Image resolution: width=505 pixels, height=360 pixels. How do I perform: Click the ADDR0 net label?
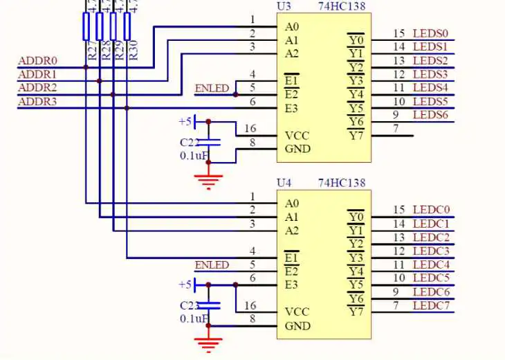[x=38, y=61]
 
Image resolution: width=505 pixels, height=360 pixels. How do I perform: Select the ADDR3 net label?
[x=38, y=102]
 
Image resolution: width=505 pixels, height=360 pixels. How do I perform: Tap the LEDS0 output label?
[x=430, y=33]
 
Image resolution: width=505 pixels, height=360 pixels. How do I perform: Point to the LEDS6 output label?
[x=430, y=114]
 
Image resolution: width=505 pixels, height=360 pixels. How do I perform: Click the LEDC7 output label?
[x=431, y=305]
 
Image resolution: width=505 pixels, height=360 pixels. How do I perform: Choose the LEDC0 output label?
[x=431, y=210]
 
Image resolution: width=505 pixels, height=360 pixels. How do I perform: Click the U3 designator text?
[x=284, y=6]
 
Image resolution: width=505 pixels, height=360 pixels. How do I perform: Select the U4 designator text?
[x=284, y=183]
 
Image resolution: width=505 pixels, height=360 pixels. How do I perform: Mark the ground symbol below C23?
[x=209, y=343]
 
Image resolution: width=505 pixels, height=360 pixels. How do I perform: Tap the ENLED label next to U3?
[x=212, y=89]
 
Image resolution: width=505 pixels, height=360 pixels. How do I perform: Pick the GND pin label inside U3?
[x=297, y=149]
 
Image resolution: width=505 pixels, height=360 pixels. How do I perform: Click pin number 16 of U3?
[x=250, y=129]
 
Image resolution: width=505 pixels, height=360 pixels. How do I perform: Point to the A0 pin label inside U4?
[x=291, y=204]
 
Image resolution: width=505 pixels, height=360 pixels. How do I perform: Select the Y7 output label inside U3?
[x=356, y=136]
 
